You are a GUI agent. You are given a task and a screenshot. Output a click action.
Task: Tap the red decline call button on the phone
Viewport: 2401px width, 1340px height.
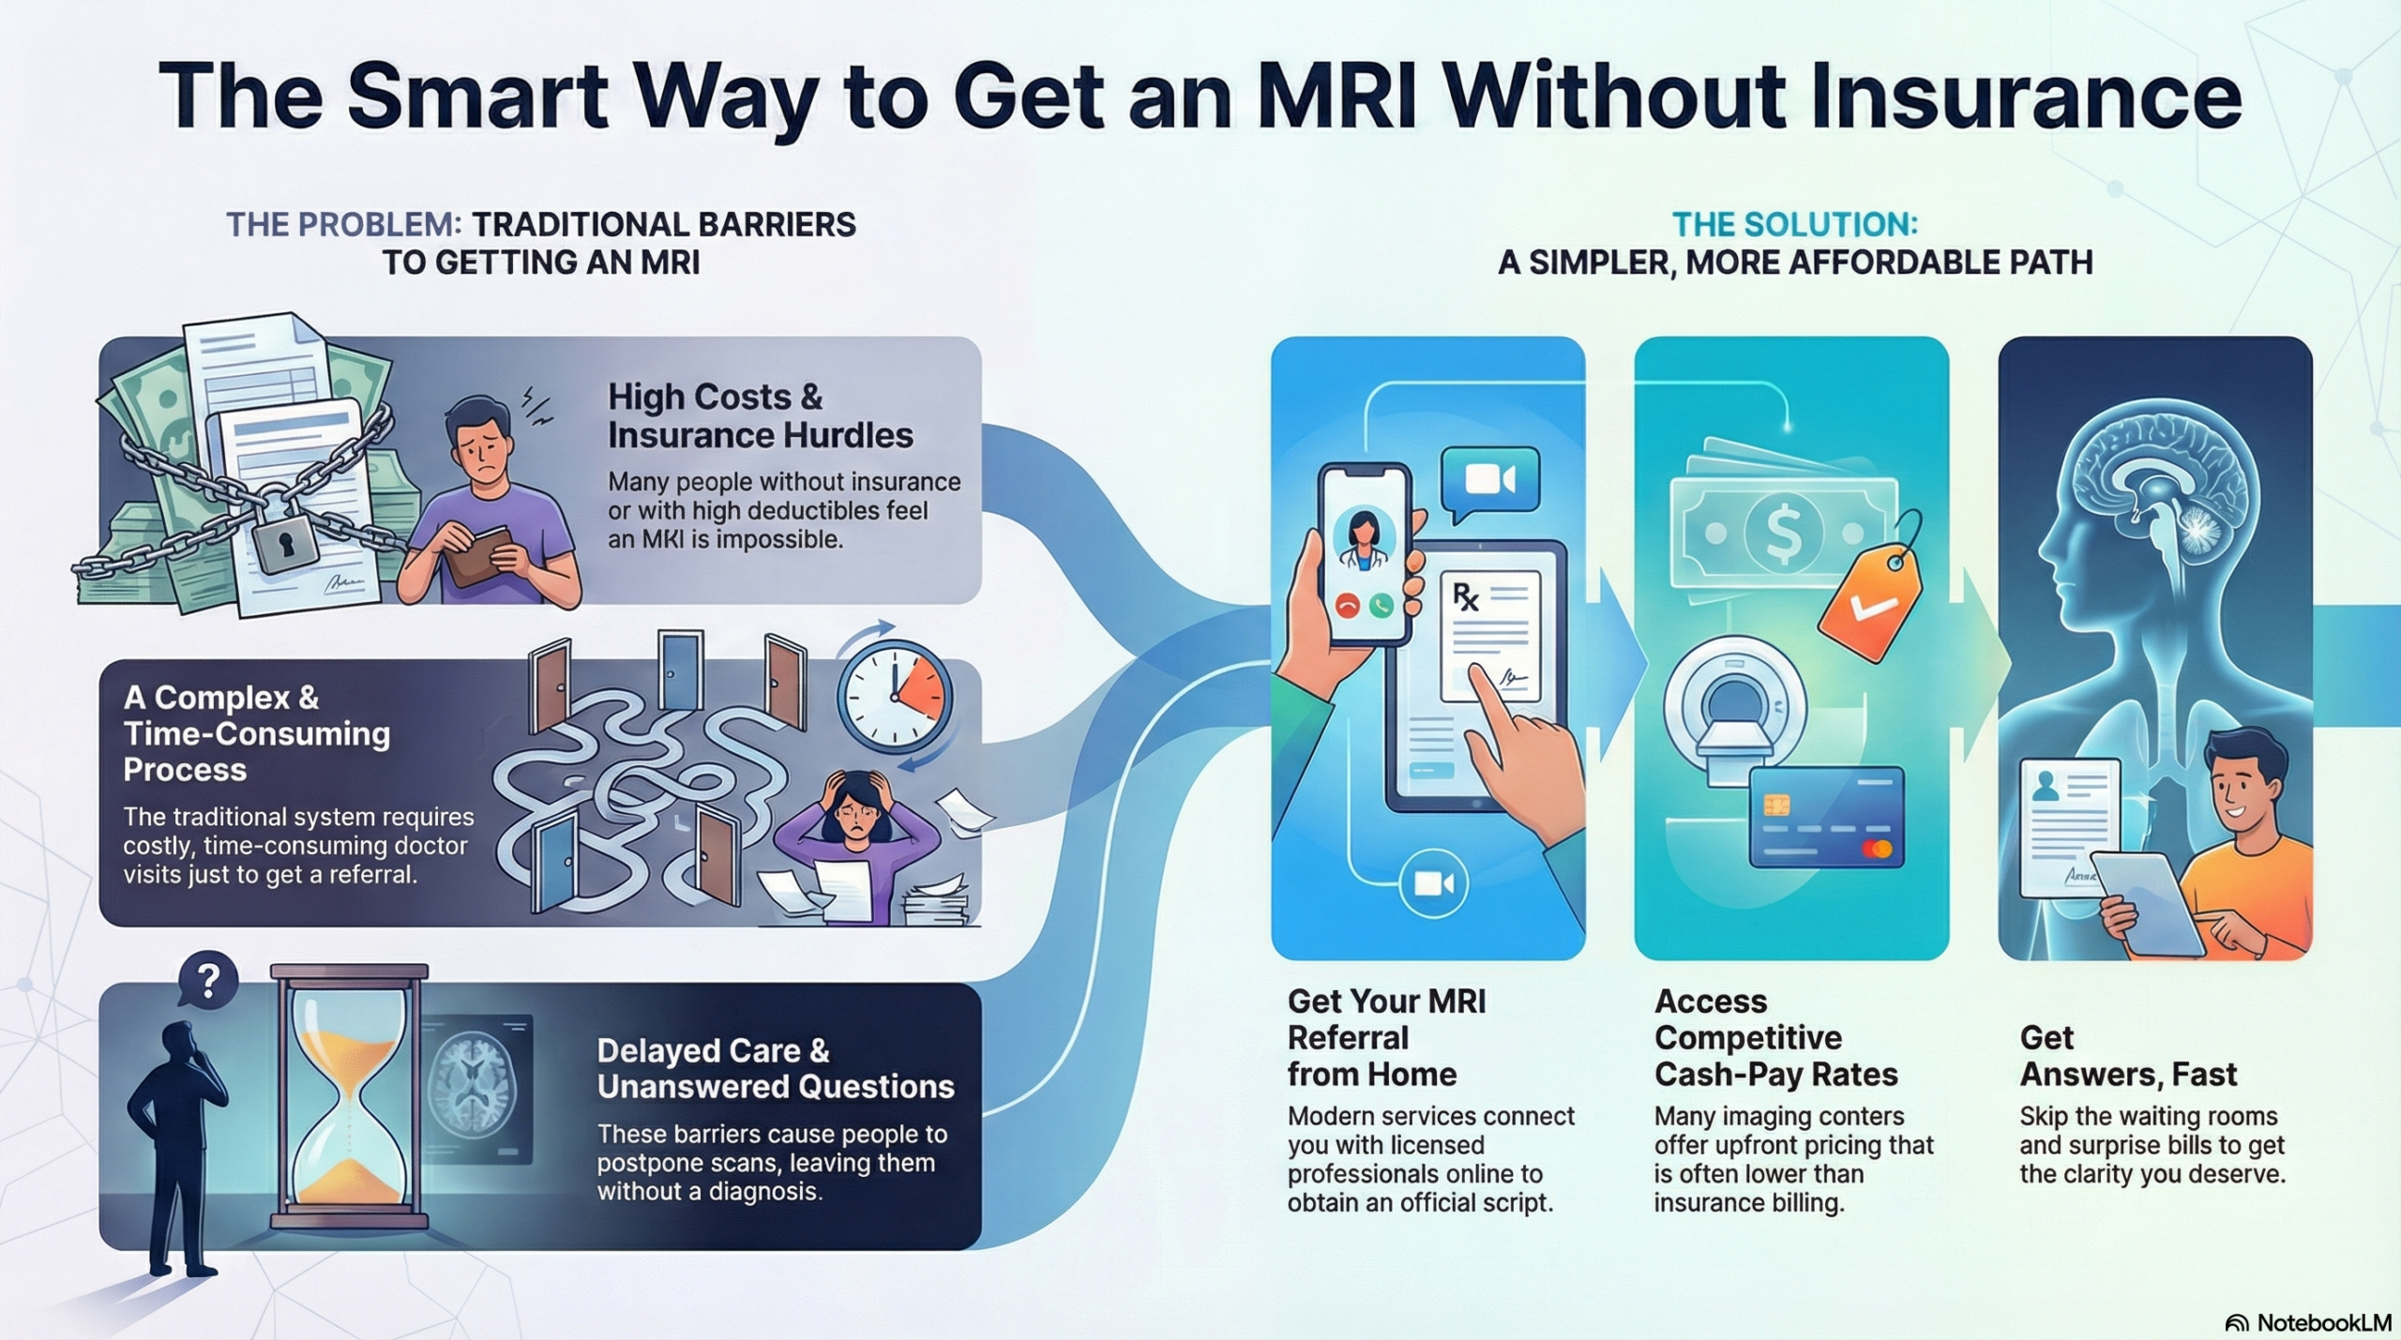1348,606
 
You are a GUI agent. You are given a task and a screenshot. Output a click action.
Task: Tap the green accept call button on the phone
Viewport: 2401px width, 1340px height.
1382,606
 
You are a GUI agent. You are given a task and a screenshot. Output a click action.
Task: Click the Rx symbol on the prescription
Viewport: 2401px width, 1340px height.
1465,596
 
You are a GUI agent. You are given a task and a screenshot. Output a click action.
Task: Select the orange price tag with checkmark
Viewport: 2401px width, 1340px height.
1870,591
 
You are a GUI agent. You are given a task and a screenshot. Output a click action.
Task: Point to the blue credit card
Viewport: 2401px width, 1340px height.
1827,816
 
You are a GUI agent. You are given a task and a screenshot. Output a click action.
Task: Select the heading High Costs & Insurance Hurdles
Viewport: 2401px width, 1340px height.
760,416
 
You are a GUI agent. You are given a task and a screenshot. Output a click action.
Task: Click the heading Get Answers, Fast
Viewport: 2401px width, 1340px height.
2127,1056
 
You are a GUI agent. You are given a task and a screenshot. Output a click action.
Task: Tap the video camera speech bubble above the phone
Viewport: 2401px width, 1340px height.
1490,480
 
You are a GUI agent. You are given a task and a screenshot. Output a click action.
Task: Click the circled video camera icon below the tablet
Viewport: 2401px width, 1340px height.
1433,883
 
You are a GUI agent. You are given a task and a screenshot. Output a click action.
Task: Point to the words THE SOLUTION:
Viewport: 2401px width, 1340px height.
1794,224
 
